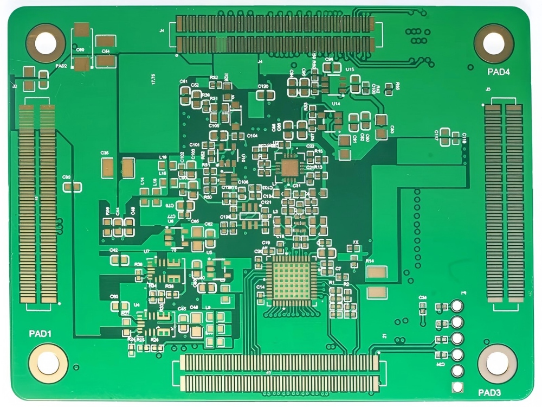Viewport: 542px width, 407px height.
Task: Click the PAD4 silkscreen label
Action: tap(499, 72)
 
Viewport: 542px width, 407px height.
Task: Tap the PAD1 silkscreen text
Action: tap(40, 334)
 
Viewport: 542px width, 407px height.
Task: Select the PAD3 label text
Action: tap(489, 392)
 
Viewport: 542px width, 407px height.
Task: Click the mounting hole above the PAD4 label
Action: tap(493, 43)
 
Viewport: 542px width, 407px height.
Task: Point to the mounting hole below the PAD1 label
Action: tap(48, 363)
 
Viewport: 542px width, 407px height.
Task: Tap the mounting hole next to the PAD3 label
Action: tap(497, 364)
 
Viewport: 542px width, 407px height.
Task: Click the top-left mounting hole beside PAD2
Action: tap(46, 43)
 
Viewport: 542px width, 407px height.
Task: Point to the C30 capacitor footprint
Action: tap(72, 187)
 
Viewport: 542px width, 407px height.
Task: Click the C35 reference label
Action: tap(105, 153)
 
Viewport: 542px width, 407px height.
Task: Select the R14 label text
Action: tap(370, 261)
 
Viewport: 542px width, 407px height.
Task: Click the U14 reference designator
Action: tap(336, 103)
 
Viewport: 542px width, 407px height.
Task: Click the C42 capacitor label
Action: tap(114, 250)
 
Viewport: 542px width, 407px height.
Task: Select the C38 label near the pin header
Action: tap(423, 297)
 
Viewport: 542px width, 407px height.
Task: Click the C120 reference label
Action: tap(263, 86)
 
